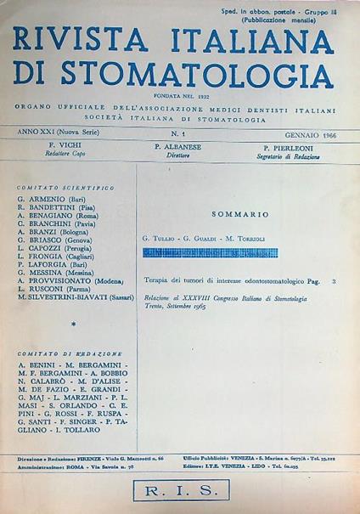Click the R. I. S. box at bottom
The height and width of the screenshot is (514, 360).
(179, 490)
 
